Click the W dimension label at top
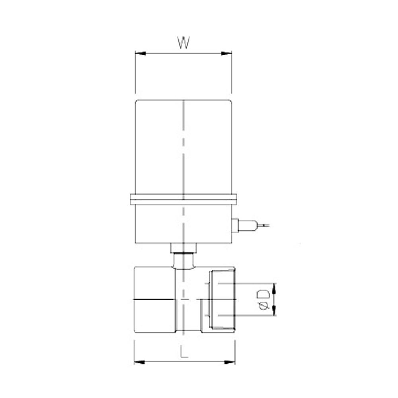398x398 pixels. [183, 43]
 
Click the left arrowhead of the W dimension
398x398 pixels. [139, 53]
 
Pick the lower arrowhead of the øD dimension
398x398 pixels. [275, 312]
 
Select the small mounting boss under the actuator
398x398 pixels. [183, 248]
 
